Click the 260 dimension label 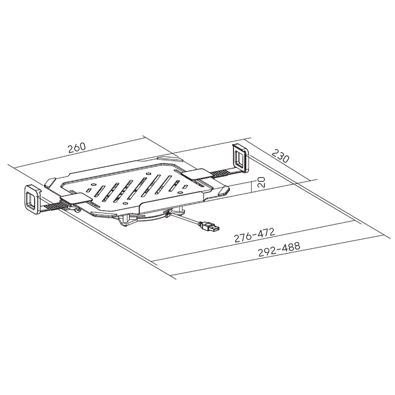pyautogui.click(x=77, y=148)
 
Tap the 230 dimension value pyautogui.click(x=280, y=156)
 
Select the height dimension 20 pyautogui.click(x=262, y=182)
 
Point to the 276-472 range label pyautogui.click(x=254, y=235)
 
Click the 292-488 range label pyautogui.click(x=279, y=249)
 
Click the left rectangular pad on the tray pyautogui.click(x=75, y=198)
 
